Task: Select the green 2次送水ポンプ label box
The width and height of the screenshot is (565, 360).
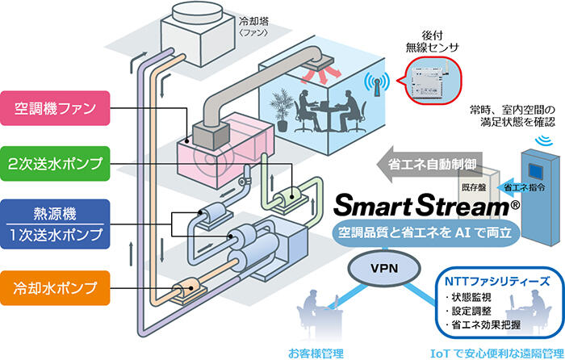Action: point(56,163)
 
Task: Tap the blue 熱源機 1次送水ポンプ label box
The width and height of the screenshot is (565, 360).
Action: point(56,224)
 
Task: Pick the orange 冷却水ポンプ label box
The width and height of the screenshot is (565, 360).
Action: point(56,286)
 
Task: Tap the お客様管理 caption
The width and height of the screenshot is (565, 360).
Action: point(316,353)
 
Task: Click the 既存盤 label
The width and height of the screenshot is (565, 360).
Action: point(475,186)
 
